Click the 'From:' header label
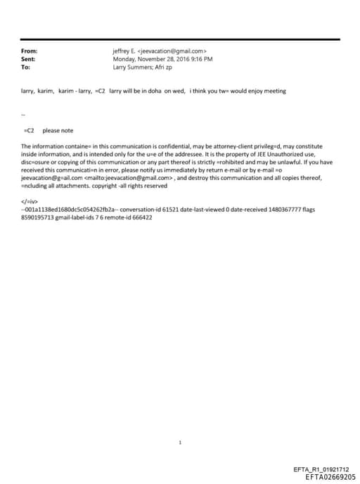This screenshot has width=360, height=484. click(29, 51)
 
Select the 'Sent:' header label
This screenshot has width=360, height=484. click(28, 59)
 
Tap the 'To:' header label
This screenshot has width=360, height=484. click(25, 67)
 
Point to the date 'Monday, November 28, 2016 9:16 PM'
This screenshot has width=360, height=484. click(162, 59)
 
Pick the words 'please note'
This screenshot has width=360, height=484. click(58, 130)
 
